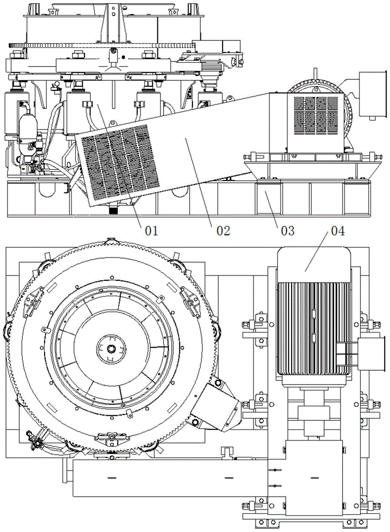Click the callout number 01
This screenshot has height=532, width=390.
click(x=151, y=231)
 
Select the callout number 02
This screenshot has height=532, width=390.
click(x=223, y=231)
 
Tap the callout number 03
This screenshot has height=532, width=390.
click(x=287, y=231)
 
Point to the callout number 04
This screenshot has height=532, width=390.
click(x=338, y=231)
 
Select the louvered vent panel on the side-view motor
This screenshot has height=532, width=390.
click(x=316, y=114)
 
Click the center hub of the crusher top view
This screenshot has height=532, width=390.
click(x=111, y=348)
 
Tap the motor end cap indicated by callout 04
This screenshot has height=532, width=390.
click(x=314, y=265)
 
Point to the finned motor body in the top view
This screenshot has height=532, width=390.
click(x=314, y=328)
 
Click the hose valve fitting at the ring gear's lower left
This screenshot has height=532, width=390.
click(x=36, y=439)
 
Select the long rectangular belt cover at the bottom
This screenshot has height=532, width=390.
click(x=170, y=478)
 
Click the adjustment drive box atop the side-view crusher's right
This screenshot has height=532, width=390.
click(x=216, y=46)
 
